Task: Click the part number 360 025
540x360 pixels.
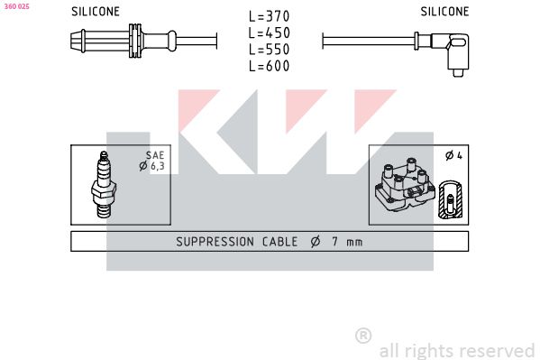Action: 16,6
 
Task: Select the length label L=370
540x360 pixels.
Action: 270,16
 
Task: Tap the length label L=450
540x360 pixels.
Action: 270,32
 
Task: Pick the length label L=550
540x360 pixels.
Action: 270,50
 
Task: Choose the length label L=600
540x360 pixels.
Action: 270,66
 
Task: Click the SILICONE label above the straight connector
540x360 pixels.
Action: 96,12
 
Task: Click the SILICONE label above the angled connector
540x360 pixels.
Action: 444,12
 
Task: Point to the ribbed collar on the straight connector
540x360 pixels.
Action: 135,41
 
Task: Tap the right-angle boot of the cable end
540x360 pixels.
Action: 453,52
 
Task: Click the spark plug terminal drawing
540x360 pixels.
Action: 104,185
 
